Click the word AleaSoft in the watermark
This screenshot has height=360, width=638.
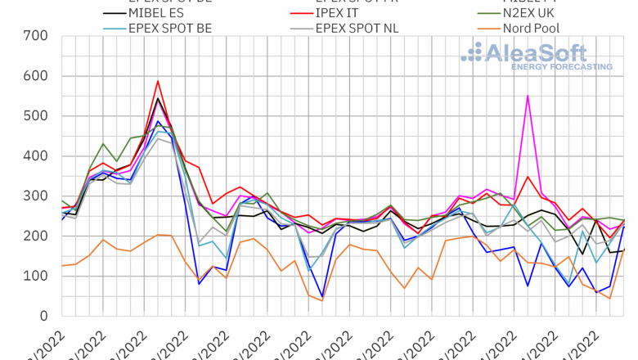(x=536, y=53)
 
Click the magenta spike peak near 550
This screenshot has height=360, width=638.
(x=528, y=96)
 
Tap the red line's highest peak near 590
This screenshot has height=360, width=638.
(x=157, y=81)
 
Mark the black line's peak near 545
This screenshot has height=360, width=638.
(x=157, y=99)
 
